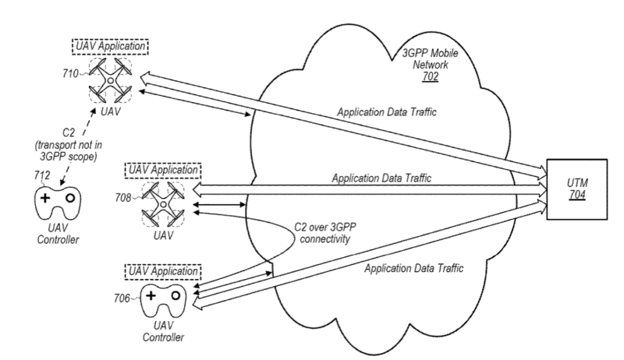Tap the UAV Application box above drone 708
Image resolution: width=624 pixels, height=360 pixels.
click(161, 169)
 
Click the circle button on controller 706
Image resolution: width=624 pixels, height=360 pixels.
click(175, 296)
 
